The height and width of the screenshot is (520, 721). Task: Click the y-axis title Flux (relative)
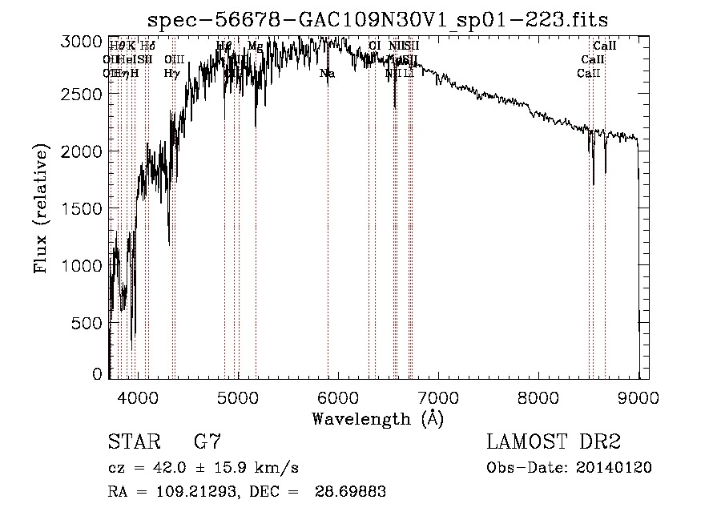41,208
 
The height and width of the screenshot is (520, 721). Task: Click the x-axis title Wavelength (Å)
377,418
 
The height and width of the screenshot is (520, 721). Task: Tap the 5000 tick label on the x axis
237,397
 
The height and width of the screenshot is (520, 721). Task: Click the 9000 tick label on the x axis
638,397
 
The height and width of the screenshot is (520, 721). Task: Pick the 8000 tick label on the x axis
538,397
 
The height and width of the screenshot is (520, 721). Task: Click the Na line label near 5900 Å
327,74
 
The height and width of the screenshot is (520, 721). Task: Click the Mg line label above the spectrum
255,46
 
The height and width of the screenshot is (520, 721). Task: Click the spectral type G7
207,442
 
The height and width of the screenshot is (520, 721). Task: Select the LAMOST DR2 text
554,442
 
